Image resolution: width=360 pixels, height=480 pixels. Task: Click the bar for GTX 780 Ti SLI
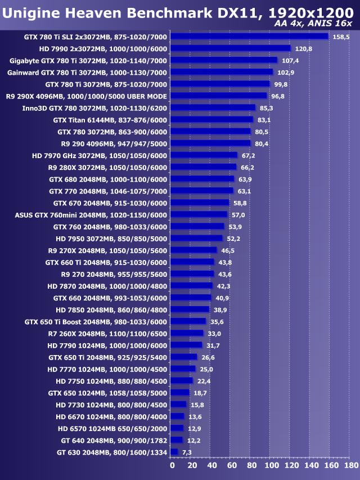coord(249,37)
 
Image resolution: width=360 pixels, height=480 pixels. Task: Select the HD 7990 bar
coord(230,48)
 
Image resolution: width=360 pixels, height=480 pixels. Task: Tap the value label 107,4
coord(290,61)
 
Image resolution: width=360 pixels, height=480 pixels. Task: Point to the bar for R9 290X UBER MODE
coord(218,96)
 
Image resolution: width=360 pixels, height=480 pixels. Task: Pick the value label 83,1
coord(264,120)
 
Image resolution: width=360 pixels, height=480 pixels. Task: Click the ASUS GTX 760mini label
coord(91,214)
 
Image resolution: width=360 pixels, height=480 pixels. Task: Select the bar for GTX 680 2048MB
coord(202,179)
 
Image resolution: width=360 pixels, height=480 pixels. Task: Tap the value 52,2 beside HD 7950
coord(233,239)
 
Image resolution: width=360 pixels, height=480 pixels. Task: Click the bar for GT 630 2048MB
coord(174,452)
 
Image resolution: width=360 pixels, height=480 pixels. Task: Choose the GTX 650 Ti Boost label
coord(96,322)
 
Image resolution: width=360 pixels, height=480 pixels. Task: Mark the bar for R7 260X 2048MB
coord(187,333)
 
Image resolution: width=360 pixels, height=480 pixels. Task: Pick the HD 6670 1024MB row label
coord(111,416)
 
